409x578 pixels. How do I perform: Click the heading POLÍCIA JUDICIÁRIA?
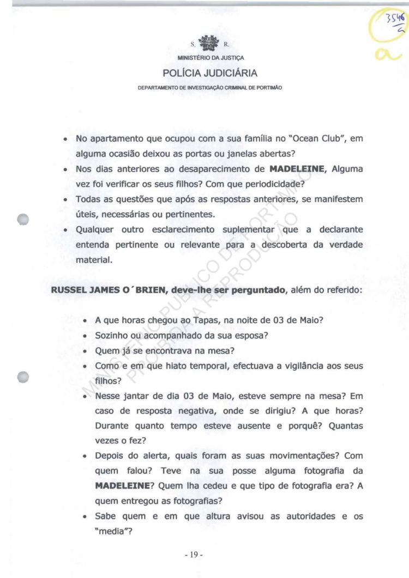click(210, 74)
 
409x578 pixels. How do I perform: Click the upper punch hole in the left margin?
click(22, 219)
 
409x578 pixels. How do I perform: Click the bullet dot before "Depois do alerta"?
click(85, 455)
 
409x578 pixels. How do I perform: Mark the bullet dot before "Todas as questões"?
click(65, 200)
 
